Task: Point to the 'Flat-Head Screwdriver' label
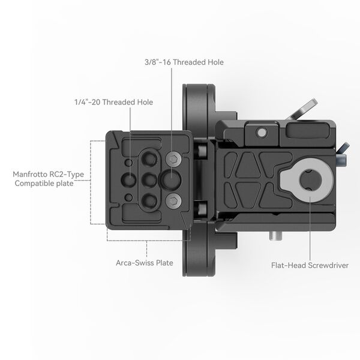pos(310,264)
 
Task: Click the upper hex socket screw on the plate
pos(174,159)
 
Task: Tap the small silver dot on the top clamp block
pos(262,131)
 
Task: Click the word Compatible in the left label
pos(37,184)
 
